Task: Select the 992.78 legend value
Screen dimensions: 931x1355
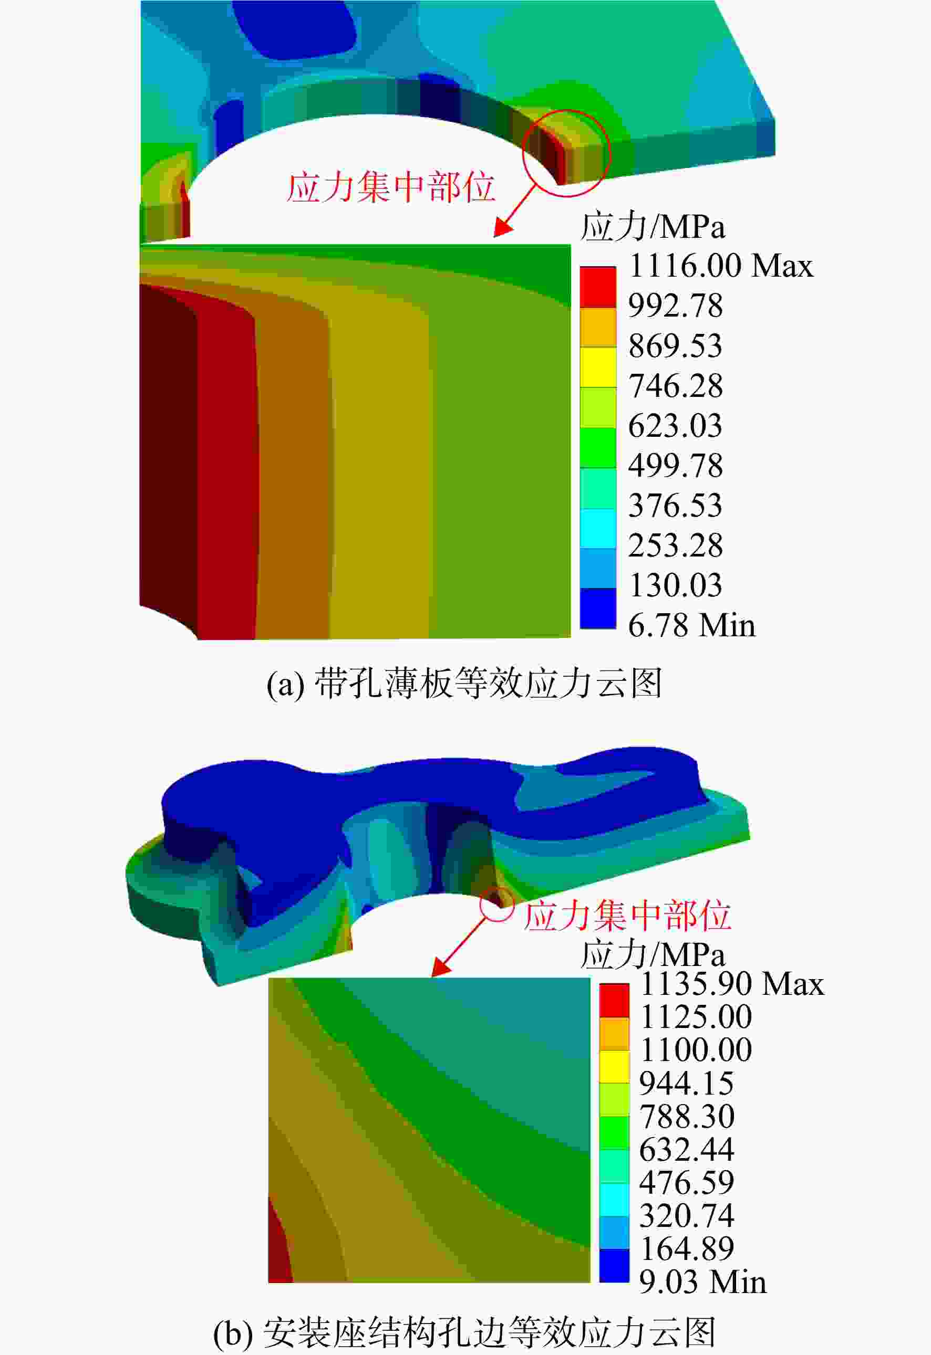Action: pos(676,306)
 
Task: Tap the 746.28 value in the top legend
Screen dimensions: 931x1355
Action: pos(676,386)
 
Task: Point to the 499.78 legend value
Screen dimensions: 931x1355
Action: pos(676,466)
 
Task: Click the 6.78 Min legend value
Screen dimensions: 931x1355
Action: pos(692,626)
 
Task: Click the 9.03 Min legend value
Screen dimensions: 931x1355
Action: pos(703,1283)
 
